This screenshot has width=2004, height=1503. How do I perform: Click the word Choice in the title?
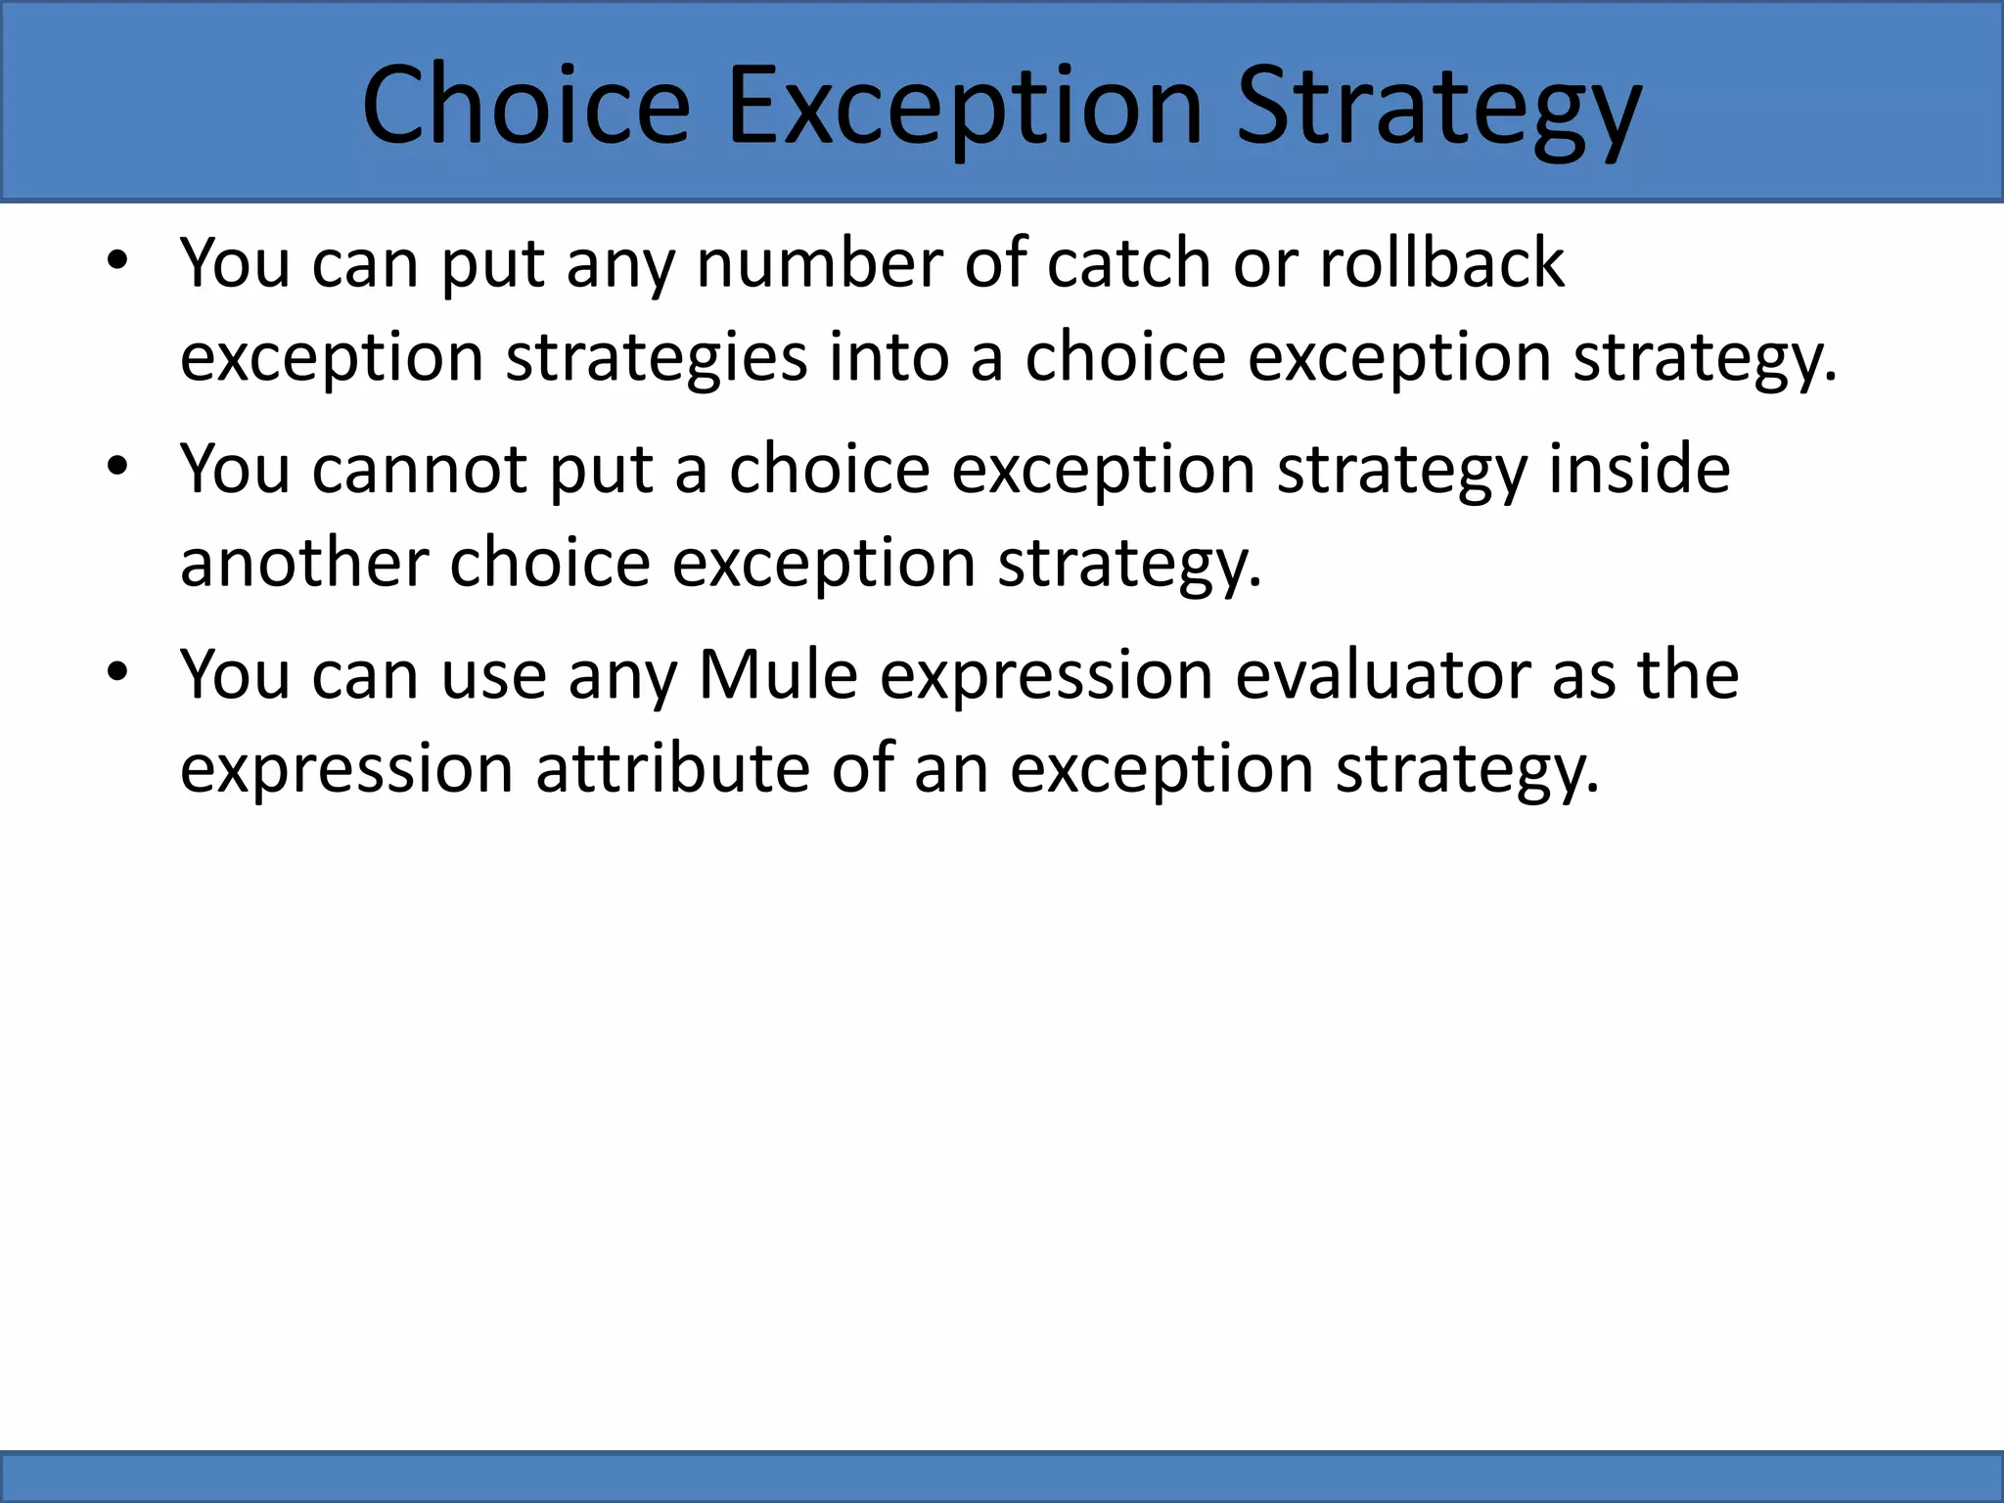(526, 105)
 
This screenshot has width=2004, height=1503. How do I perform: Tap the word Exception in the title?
(964, 105)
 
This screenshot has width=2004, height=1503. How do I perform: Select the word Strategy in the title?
(1438, 105)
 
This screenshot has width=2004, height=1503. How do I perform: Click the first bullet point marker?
(117, 262)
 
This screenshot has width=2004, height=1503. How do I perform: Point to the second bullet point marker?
(117, 468)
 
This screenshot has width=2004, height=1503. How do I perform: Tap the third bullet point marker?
(117, 673)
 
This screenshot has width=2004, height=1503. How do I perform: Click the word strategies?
(657, 356)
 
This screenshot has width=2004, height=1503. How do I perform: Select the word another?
(304, 563)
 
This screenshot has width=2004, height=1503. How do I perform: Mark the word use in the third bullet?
(493, 675)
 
